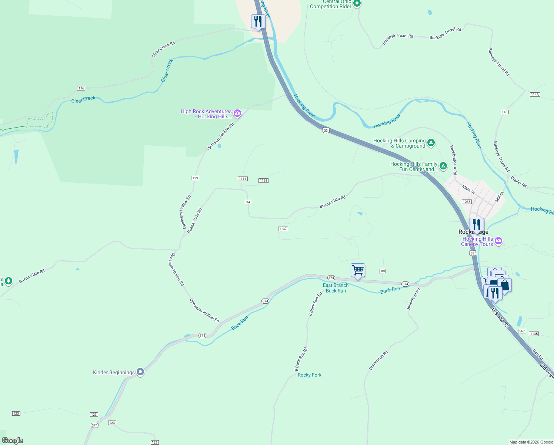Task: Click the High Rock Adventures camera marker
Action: click(x=237, y=114)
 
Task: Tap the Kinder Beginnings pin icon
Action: click(x=140, y=372)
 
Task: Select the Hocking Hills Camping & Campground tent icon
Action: click(x=431, y=143)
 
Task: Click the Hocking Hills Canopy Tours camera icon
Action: click(x=498, y=241)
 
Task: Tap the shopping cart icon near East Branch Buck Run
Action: click(x=358, y=271)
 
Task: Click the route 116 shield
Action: click(x=81, y=88)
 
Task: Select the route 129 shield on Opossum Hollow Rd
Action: click(x=195, y=178)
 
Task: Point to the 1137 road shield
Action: click(x=283, y=229)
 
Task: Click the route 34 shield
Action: click(x=248, y=202)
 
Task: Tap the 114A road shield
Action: click(x=535, y=95)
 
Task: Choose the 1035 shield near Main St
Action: click(x=466, y=202)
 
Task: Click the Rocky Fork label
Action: click(x=310, y=375)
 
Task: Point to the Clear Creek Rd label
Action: click(x=163, y=50)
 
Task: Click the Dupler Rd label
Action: click(x=518, y=182)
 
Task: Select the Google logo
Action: click(x=13, y=441)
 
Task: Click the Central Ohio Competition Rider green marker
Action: click(x=357, y=4)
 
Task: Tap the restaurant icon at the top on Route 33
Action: click(x=258, y=22)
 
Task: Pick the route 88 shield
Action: click(x=383, y=271)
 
